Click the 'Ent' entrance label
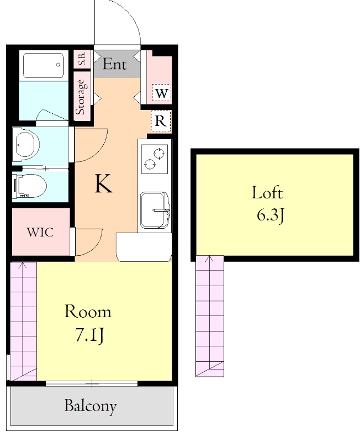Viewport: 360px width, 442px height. pos(114,64)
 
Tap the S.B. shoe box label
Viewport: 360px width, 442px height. pos(82,59)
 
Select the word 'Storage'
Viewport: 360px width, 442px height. pos(81,97)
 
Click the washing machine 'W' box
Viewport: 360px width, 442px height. pos(161,93)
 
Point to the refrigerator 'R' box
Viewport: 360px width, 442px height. pos(161,121)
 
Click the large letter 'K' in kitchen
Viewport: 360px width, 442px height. pos(103,183)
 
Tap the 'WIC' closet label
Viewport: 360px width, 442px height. pos(40,232)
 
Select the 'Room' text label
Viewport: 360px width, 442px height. pos(88,312)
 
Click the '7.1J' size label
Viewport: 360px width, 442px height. pos(89,336)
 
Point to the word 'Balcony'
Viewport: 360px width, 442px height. pos(91,406)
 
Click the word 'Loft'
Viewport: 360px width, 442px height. pos(267,193)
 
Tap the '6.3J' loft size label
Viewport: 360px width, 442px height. pos(270,216)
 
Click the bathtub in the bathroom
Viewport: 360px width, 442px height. pos(43,65)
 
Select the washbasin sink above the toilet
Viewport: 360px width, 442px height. pos(27,144)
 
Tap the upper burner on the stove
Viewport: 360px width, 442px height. pos(159,154)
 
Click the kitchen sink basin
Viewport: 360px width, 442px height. pos(155,210)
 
